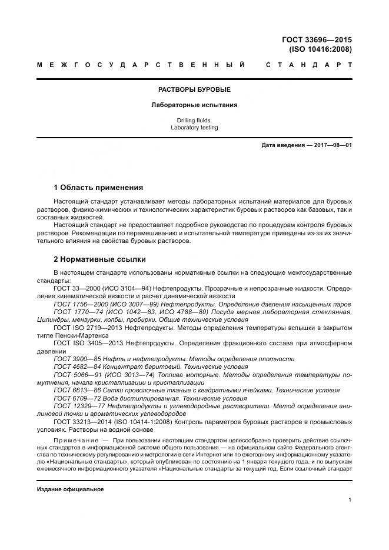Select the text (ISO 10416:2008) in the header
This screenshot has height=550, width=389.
[320, 49]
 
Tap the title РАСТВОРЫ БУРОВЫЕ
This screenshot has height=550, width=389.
[194, 89]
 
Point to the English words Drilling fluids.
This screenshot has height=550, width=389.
[194, 119]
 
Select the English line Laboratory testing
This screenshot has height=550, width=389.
[194, 127]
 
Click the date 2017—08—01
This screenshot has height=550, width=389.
[331, 145]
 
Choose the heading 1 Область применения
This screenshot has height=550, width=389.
[98, 188]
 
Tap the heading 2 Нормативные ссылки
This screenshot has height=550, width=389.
[99, 259]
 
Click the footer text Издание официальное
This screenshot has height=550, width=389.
[70, 489]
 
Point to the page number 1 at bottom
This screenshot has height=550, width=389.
[350, 500]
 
